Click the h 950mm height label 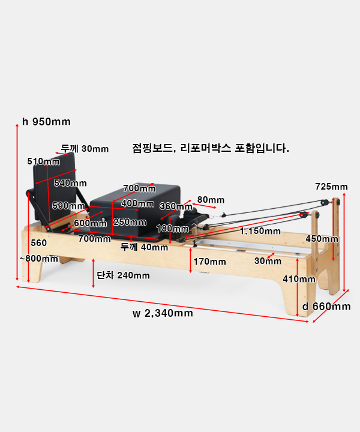pos(46,121)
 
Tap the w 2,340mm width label pos(163,313)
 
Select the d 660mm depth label pos(326,307)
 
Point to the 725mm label pos(331,187)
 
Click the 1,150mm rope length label pos(260,231)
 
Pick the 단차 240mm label pos(123,275)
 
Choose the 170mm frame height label pos(209,262)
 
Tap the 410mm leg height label pos(299,279)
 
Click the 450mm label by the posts pos(322,239)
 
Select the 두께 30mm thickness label pos(85,149)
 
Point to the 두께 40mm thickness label pos(144,247)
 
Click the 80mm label pos(211,200)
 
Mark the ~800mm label pos(39,259)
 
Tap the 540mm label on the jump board pos(70,183)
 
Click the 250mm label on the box pos(130,222)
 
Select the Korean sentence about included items pos(211,148)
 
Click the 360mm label pos(176,206)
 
